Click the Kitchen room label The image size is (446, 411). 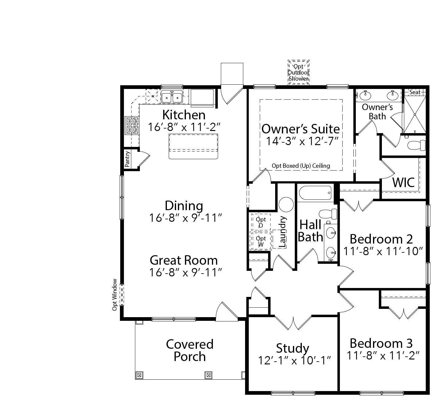(184, 115)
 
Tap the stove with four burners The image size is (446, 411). (133, 125)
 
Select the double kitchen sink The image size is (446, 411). (171, 97)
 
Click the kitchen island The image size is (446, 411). (193, 146)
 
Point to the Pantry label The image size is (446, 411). (128, 159)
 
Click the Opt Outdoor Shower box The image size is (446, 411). (298, 72)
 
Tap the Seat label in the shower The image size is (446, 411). (415, 92)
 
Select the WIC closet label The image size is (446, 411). (403, 182)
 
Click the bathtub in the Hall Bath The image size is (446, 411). (315, 193)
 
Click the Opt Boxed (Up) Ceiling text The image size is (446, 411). (301, 166)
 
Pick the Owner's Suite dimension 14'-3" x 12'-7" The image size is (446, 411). (302, 141)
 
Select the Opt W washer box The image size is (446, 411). (261, 241)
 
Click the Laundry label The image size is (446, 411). (283, 232)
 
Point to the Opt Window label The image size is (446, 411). (115, 294)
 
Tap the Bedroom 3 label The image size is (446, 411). (381, 343)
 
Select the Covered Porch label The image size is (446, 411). (190, 350)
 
